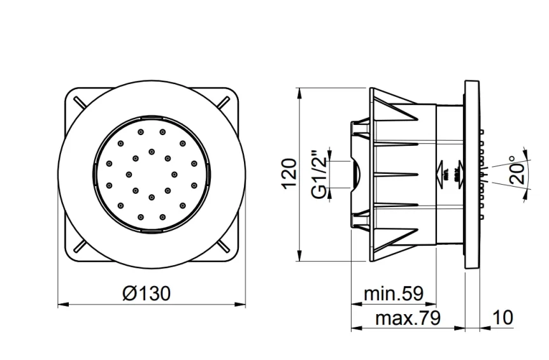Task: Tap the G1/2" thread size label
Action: tap(320, 173)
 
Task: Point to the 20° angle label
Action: tap(517, 170)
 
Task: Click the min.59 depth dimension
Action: tap(393, 294)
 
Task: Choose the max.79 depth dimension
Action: tap(408, 318)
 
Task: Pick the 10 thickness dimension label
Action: tap(503, 318)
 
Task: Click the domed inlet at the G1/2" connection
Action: tap(355, 173)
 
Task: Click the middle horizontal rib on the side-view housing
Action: tap(395, 173)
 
